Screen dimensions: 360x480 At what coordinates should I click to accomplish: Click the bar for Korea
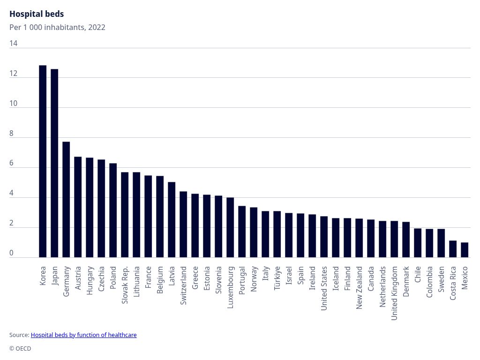(43, 161)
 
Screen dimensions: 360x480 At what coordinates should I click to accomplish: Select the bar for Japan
(54, 163)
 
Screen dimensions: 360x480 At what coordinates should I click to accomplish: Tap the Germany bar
(66, 199)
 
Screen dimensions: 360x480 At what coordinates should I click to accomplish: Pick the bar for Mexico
(465, 250)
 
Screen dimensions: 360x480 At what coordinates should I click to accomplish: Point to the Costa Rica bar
(453, 249)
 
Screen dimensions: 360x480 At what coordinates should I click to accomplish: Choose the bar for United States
(324, 237)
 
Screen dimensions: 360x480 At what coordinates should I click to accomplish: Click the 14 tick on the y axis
(14, 44)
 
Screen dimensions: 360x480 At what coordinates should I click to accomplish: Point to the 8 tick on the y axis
(12, 134)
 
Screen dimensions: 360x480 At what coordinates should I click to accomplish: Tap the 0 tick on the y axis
(12, 254)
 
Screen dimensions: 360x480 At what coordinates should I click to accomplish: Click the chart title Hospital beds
(37, 14)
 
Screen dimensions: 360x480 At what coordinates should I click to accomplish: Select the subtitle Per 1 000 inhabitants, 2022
(57, 27)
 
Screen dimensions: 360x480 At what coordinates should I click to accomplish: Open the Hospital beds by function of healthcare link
(83, 335)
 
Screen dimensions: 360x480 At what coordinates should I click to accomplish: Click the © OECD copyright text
(20, 349)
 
